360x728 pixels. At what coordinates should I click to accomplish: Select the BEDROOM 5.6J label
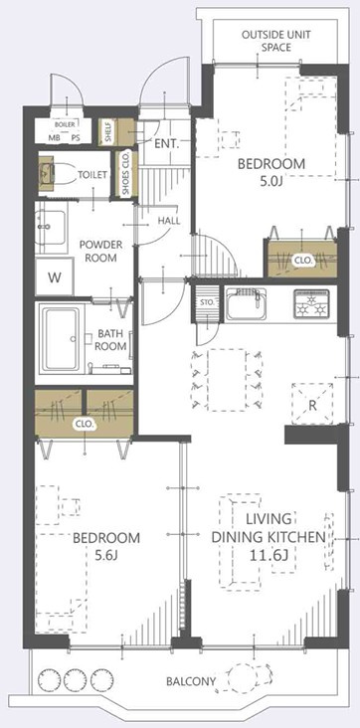tap(106, 546)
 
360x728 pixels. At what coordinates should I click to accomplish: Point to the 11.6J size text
tap(269, 554)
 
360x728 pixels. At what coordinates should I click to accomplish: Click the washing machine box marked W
tap(55, 277)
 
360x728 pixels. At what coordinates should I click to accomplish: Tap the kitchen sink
tap(247, 304)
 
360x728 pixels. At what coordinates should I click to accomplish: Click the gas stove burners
tap(311, 304)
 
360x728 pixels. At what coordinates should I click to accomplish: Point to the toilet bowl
tap(65, 175)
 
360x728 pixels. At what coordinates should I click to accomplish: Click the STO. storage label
tap(207, 302)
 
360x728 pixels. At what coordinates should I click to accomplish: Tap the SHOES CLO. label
tap(125, 173)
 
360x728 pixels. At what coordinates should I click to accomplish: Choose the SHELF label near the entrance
tap(104, 132)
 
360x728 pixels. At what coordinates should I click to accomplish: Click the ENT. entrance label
tap(167, 144)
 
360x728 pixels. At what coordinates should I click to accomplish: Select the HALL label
tap(169, 221)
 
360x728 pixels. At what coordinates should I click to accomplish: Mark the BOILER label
tap(65, 125)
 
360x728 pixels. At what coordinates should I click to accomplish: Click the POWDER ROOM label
tap(100, 251)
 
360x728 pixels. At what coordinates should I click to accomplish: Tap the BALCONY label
tap(191, 681)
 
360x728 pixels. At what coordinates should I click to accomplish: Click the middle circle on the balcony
tap(72, 679)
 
